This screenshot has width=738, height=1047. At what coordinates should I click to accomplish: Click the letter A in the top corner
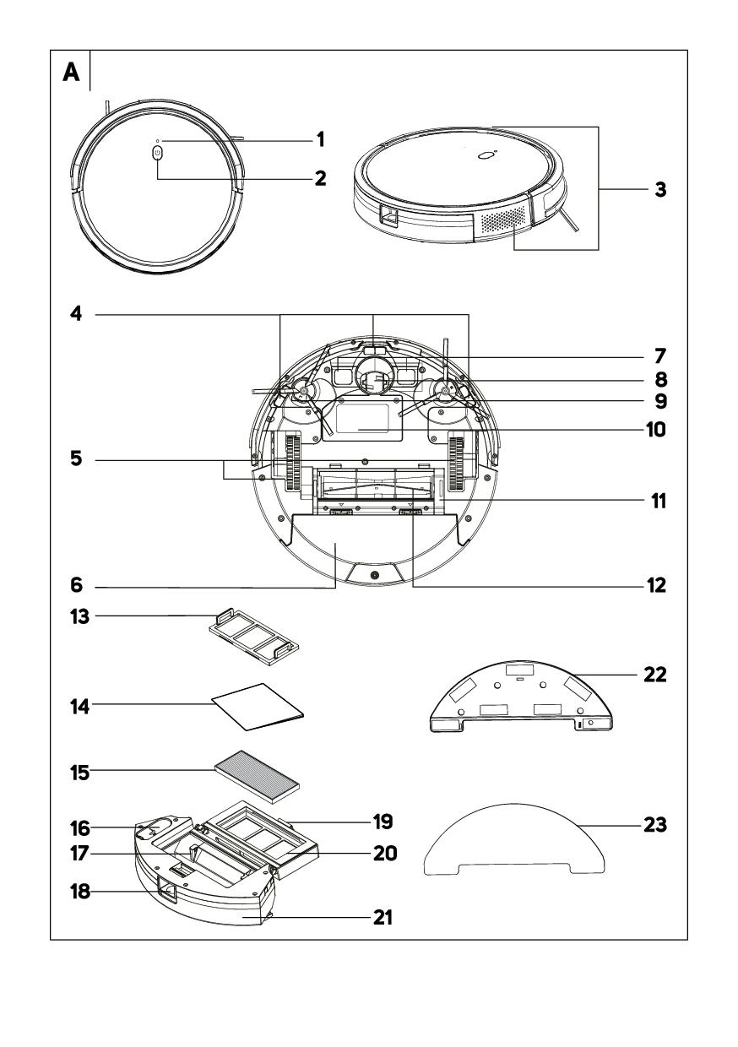click(72, 73)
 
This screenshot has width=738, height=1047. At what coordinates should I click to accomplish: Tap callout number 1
click(320, 138)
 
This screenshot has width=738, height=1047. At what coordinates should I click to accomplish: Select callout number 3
click(661, 189)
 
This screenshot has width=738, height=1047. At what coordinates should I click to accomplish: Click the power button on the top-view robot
click(158, 153)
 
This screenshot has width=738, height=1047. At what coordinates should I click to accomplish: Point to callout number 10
click(654, 430)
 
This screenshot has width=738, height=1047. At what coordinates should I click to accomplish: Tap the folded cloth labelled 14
click(257, 706)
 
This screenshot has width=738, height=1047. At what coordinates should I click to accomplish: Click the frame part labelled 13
click(253, 635)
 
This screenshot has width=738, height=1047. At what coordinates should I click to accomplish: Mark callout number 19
click(383, 820)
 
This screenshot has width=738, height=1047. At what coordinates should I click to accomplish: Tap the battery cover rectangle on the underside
click(365, 420)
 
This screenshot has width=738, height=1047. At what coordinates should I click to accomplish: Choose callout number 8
click(654, 377)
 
